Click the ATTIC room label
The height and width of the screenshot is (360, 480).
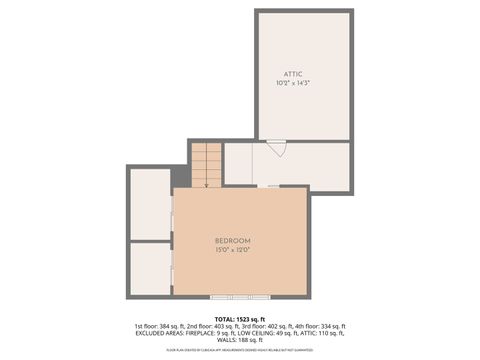tap(292, 73)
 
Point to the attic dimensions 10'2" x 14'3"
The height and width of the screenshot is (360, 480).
tap(292, 83)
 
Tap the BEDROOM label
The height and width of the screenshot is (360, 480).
tap(232, 241)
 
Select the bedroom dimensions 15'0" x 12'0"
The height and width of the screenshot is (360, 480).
tap(232, 251)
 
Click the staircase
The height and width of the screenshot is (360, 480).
tap(206, 162)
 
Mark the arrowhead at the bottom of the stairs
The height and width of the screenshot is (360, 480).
tap(206, 184)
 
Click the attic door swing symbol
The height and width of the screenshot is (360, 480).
tap(277, 148)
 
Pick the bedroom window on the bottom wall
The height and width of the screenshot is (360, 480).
tap(239, 296)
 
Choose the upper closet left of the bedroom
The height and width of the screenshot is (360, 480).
tap(150, 204)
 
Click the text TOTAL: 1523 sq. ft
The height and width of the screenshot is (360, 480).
tap(240, 318)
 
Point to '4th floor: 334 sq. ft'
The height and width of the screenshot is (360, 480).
tap(319, 326)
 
